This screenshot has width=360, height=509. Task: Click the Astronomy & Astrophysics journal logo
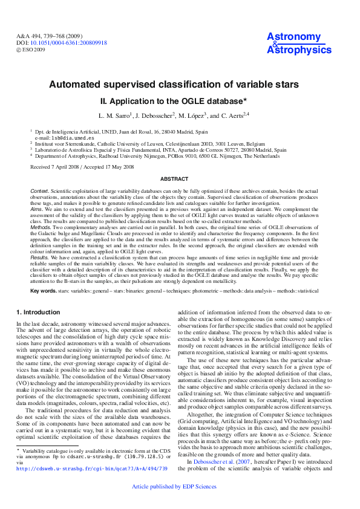(x=293, y=44)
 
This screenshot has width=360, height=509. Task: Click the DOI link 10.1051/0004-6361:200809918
(x=68, y=43)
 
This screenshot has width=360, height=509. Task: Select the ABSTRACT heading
(x=180, y=179)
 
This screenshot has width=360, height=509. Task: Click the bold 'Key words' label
(x=43, y=291)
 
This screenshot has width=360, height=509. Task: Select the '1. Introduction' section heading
(x=38, y=312)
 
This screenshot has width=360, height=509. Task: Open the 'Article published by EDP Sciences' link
(x=179, y=502)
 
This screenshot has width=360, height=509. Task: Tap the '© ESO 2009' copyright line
(x=31, y=50)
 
